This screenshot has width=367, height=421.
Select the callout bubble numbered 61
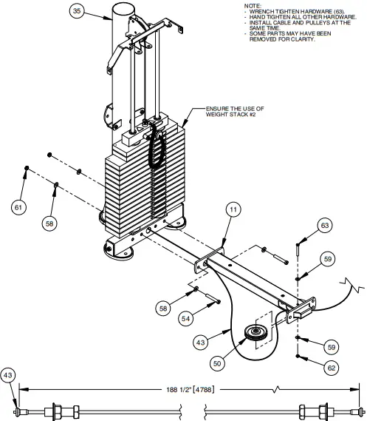tap(18, 207)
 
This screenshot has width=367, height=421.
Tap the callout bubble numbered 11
tap(233, 211)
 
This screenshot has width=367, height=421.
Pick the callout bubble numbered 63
tap(325, 224)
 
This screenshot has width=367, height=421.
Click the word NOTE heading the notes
tap(253, 6)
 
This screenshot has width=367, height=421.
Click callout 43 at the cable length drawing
tap(9, 375)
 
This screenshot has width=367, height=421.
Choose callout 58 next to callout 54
tap(164, 306)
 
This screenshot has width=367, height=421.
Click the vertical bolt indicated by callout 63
tap(297, 249)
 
